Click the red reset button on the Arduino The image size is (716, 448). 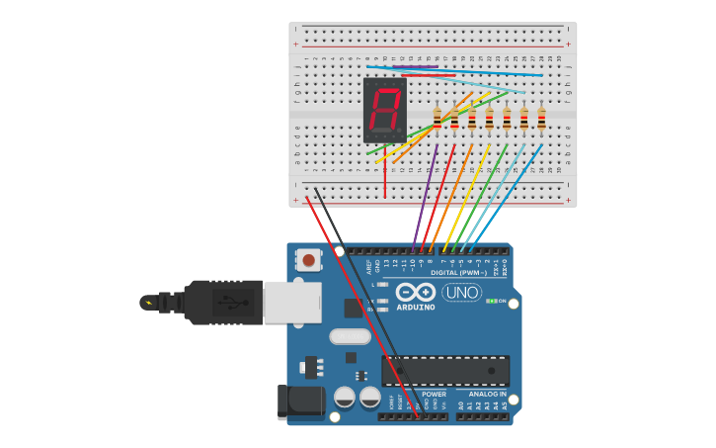(309, 261)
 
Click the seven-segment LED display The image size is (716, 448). (384, 110)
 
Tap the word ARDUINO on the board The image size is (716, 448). (416, 307)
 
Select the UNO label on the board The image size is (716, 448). (461, 293)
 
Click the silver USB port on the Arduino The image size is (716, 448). (291, 302)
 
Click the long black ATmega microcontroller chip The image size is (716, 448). (445, 371)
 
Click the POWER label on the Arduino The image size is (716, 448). (434, 394)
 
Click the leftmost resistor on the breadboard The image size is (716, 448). (438, 118)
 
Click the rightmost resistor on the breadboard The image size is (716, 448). (541, 118)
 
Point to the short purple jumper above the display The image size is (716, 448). (419, 67)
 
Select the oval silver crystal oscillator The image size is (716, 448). (350, 336)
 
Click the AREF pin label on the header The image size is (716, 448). (368, 263)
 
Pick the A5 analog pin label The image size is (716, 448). (505, 405)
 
